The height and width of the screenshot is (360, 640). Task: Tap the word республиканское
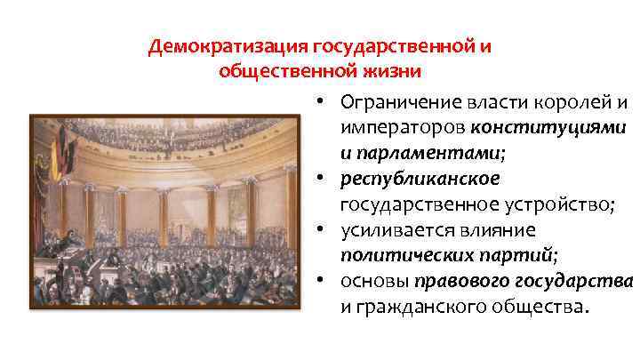pos(421,179)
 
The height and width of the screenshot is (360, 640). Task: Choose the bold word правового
pos(462,282)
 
